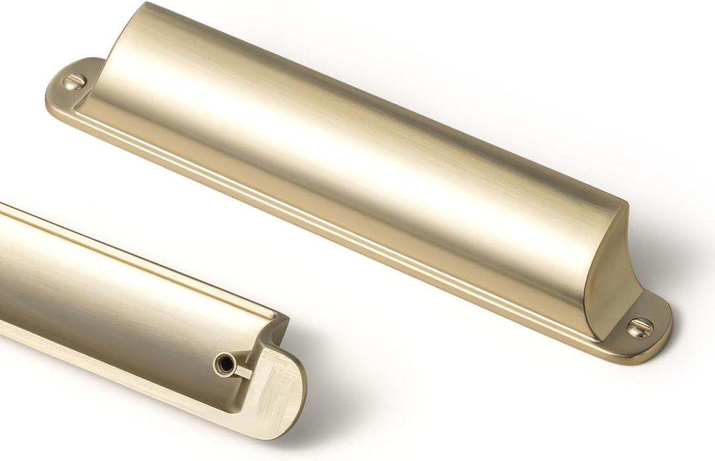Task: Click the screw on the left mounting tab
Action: point(75,81)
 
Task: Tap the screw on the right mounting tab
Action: point(640,326)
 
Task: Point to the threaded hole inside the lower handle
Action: point(223,363)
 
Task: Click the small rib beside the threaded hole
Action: point(242,371)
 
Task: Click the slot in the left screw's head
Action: point(75,81)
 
